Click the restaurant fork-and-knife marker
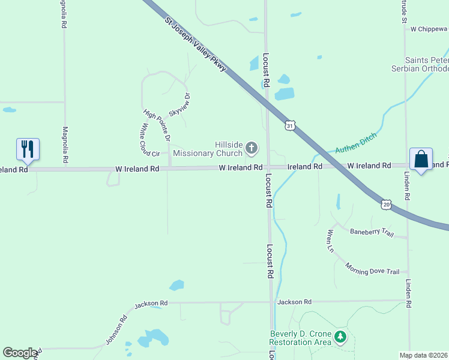[x=28, y=148]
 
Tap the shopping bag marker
[x=421, y=159]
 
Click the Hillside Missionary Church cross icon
[x=252, y=147]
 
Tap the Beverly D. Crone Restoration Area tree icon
[x=341, y=337]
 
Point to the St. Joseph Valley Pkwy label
[x=196, y=44]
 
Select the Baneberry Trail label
[x=372, y=232]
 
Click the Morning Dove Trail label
[x=372, y=268]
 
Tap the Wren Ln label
[x=330, y=240]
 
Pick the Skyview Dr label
[x=179, y=105]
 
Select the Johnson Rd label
[x=116, y=329]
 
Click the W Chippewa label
[x=429, y=28]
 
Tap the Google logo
[x=20, y=353]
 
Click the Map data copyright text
[x=424, y=355]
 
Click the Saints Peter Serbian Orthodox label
[x=427, y=64]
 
